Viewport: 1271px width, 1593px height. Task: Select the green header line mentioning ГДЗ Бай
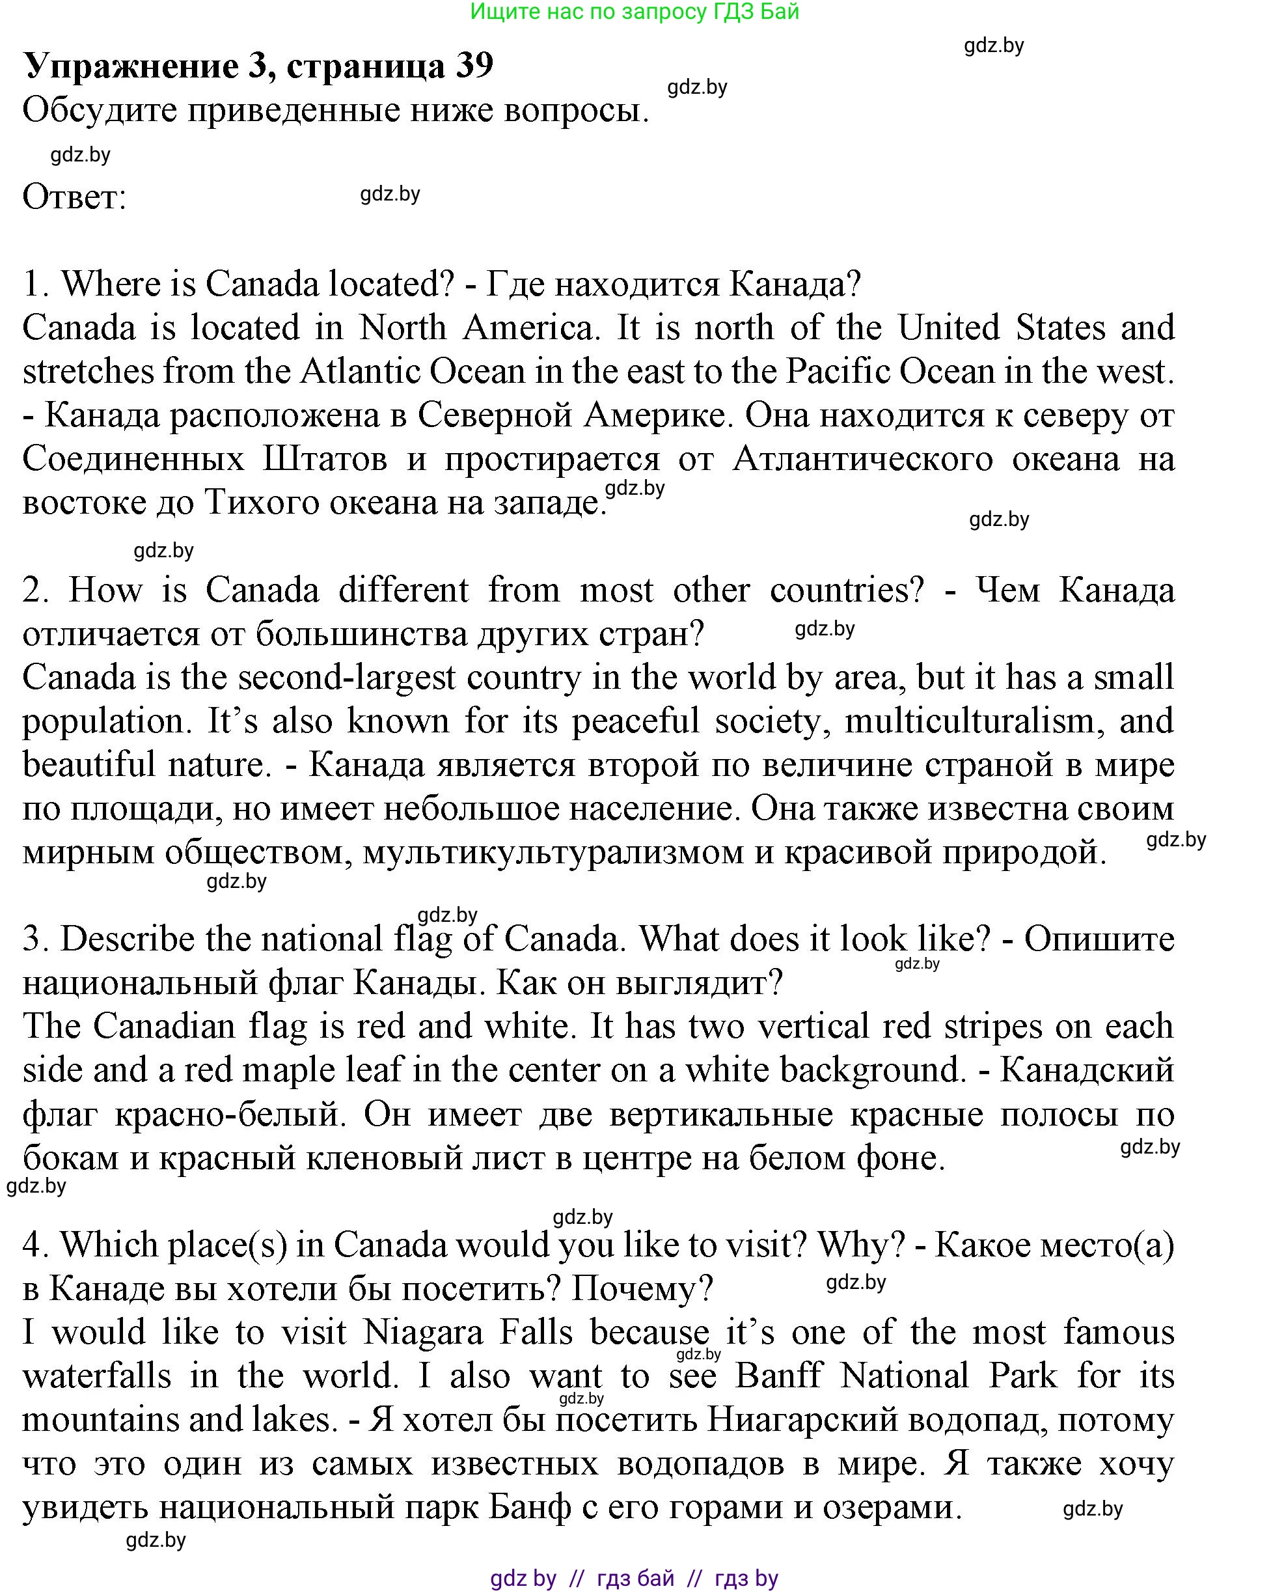pyautogui.click(x=635, y=12)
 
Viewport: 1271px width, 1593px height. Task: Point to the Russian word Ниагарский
pyautogui.click(x=803, y=1419)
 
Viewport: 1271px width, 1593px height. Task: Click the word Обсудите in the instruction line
pyautogui.click(x=100, y=111)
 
